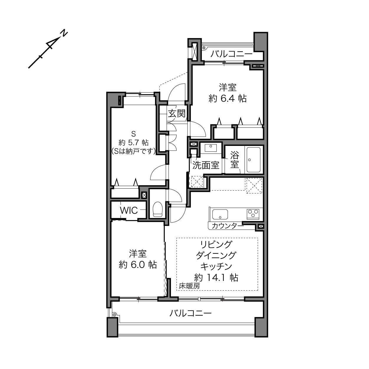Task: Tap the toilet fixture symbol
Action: pos(158,209)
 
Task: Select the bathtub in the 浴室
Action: pos(253,160)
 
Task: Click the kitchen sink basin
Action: pos(220,214)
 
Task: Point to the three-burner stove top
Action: pos(253,214)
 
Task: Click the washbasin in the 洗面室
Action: pos(211,148)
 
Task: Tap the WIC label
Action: pos(129,210)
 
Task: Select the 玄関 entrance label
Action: pos(177,113)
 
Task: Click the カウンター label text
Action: pos(228,226)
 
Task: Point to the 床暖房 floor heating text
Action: pos(189,286)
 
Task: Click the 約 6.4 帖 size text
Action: pos(228,98)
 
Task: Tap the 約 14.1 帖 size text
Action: pos(216,277)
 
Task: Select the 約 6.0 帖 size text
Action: pos(138,265)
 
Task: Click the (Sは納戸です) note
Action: pos(134,151)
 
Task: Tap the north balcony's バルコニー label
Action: pos(232,54)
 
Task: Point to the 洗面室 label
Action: pos(206,165)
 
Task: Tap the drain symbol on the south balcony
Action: pos(115,314)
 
